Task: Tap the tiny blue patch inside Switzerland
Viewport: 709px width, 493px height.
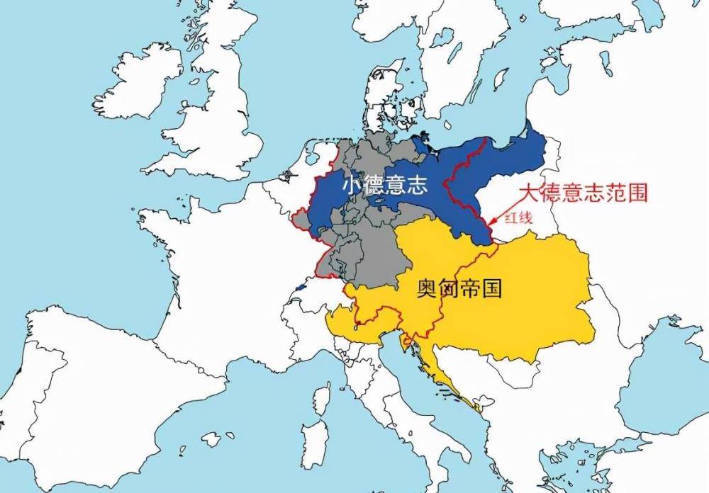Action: click(x=301, y=288)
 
